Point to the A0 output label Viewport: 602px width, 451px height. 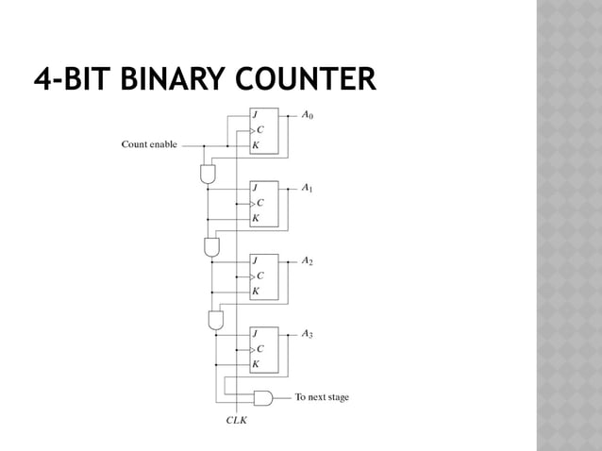308,117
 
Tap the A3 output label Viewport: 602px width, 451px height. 308,334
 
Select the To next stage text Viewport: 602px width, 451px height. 322,397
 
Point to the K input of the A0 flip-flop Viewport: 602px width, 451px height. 255,146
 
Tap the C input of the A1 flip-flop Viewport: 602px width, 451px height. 259,203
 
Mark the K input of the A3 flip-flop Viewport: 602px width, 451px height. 255,363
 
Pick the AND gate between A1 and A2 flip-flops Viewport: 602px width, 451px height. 212,246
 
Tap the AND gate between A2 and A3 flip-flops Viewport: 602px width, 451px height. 216,319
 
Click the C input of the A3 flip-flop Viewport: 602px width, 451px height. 259,348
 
